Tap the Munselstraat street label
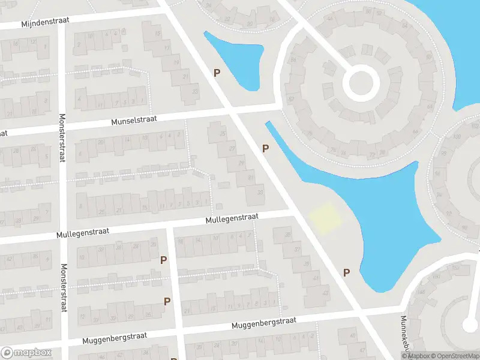coord(134,120)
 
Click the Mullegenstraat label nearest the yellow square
coord(232,218)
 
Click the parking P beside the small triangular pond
coord(217,73)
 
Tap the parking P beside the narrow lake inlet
coord(265,148)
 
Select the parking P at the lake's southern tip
coord(346,272)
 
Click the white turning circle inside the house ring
coord(361,83)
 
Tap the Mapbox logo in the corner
coord(26,353)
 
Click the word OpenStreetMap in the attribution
coord(454,356)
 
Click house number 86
coord(294,61)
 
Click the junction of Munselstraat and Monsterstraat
coord(63,126)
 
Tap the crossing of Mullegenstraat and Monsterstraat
coord(63,236)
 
